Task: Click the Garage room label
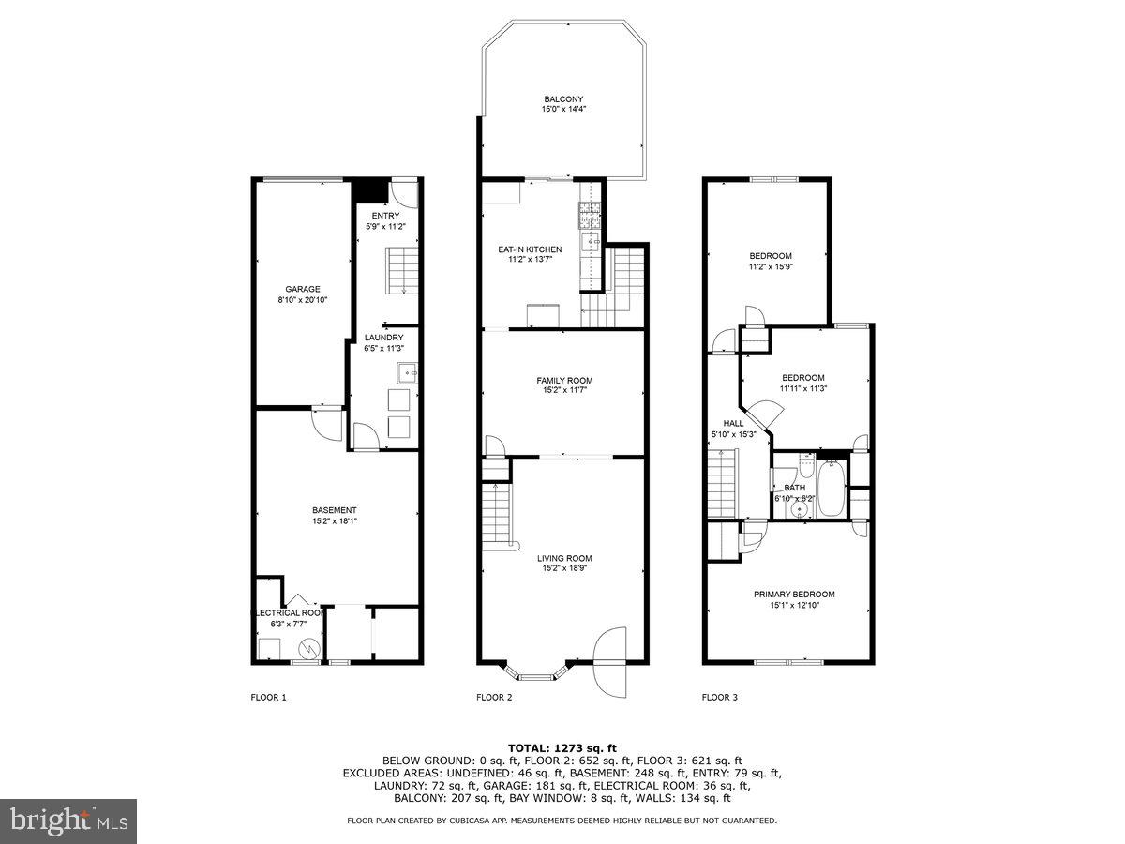[303, 289]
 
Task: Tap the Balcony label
[563, 99]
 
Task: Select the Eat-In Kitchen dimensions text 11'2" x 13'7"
[530, 260]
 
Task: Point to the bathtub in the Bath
[831, 488]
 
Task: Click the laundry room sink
[408, 372]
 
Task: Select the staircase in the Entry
[404, 270]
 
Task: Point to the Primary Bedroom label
[794, 594]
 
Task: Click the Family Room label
[564, 380]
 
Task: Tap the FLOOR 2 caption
[494, 697]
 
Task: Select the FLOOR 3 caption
[720, 697]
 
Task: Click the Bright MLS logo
[68, 821]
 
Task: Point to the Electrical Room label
[290, 612]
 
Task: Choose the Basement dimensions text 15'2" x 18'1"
[335, 521]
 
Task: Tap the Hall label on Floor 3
[733, 423]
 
